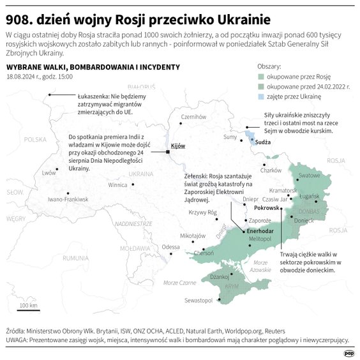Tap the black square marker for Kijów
pos(167,152)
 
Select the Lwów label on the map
pos(49,173)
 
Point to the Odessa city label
pos(170,247)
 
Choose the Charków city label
pos(271,170)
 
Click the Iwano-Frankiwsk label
pos(67,200)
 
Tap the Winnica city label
pos(117,185)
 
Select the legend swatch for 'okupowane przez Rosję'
pos(261,76)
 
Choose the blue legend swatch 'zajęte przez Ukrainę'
pos(261,96)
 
